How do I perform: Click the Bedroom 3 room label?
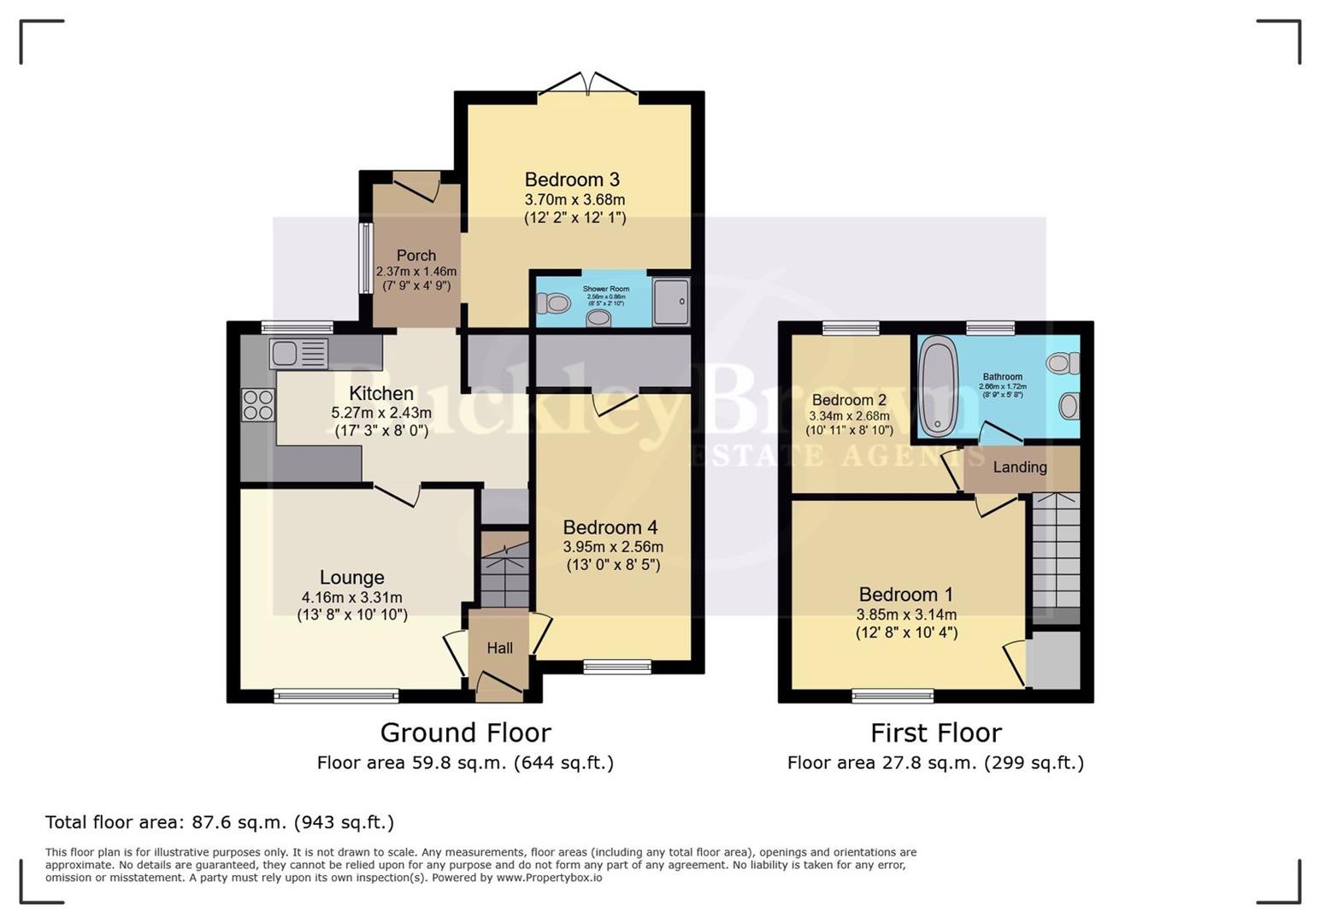(572, 179)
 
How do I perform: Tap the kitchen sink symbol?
(298, 352)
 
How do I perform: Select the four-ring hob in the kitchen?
(258, 404)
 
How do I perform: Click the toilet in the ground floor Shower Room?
(554, 302)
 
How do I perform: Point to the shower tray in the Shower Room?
(671, 301)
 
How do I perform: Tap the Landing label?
(1020, 467)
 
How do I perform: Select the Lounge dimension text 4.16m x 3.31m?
(351, 597)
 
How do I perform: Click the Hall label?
(500, 648)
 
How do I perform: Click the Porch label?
(416, 255)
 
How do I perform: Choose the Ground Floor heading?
(465, 732)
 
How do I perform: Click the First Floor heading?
(935, 732)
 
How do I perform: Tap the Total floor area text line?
(220, 822)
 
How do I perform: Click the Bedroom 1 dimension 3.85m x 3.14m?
(906, 614)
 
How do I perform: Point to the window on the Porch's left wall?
(365, 258)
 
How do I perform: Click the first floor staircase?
(1056, 556)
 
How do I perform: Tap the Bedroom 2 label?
(849, 400)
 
